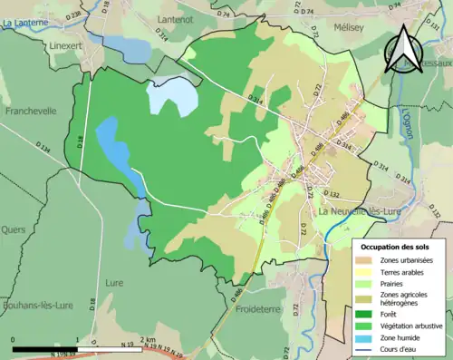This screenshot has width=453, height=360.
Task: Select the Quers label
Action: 14,229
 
